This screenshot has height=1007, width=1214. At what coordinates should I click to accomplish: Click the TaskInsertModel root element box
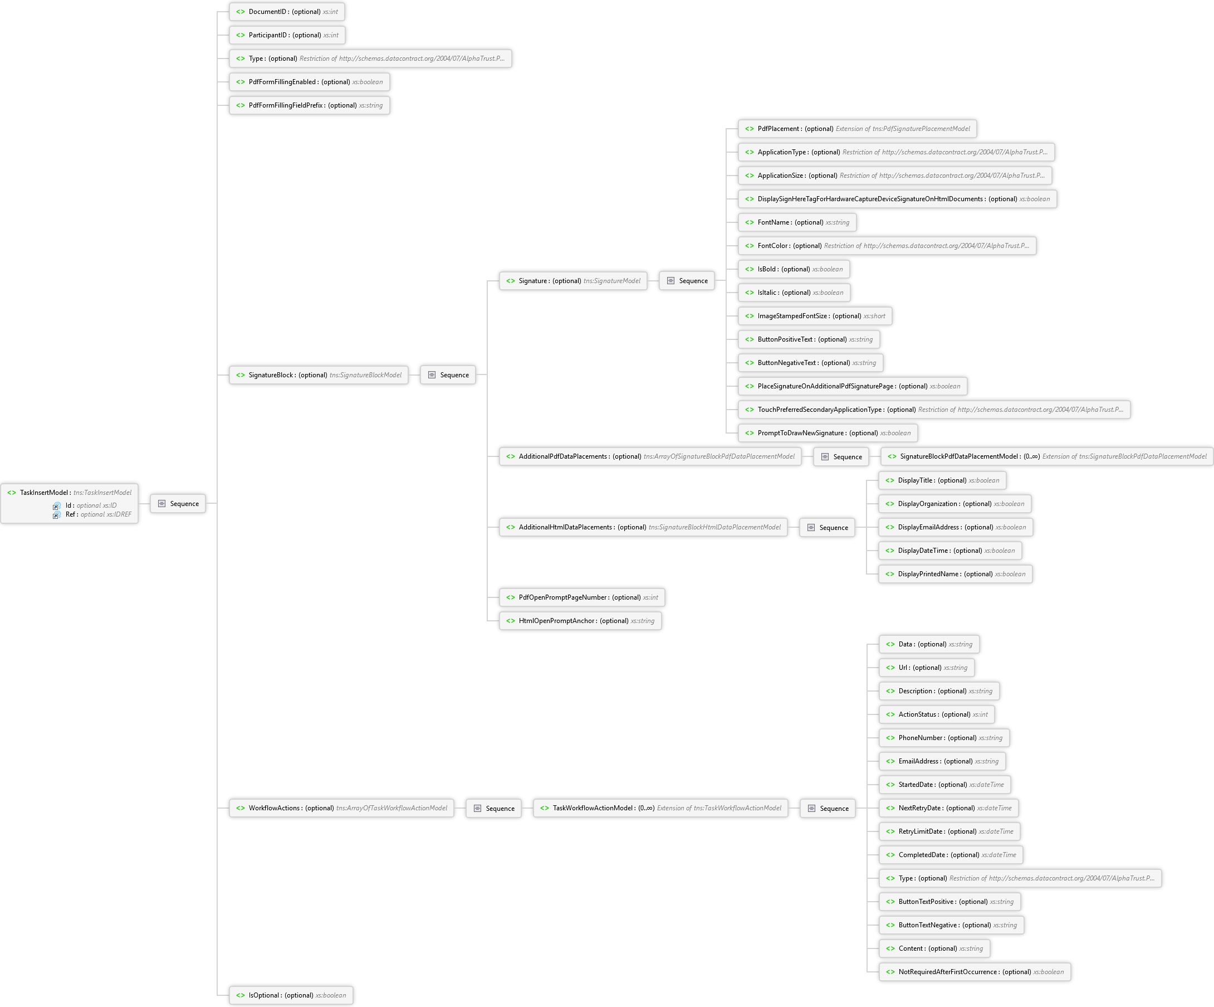(x=70, y=503)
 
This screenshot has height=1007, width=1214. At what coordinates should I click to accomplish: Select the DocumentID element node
(x=287, y=12)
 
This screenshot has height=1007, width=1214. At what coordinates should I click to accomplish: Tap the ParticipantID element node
(x=287, y=35)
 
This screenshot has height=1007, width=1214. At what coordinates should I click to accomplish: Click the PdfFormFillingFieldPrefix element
(x=309, y=105)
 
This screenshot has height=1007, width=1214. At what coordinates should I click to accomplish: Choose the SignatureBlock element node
(x=319, y=375)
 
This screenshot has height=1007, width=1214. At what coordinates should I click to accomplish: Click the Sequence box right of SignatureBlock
(x=448, y=375)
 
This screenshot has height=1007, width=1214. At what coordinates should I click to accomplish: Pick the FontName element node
(x=797, y=222)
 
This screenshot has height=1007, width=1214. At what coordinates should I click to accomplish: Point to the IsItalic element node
(x=794, y=293)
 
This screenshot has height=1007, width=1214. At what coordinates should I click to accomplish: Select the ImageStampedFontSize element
(x=815, y=316)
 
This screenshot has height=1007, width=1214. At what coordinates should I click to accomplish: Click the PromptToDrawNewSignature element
(x=828, y=433)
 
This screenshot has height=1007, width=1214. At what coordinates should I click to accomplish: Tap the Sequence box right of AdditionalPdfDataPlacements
(x=841, y=457)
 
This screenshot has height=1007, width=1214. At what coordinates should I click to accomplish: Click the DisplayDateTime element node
(x=951, y=551)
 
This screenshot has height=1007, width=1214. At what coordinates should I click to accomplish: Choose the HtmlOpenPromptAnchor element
(x=580, y=621)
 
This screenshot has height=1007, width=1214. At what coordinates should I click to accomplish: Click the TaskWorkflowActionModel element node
(x=661, y=808)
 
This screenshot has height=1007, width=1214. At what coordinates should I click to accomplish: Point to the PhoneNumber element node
(x=944, y=738)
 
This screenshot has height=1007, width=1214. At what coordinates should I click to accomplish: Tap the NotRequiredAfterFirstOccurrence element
(x=975, y=972)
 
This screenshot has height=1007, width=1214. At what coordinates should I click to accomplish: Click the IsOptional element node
(x=291, y=995)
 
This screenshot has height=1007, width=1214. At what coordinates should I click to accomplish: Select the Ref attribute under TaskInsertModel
(x=92, y=514)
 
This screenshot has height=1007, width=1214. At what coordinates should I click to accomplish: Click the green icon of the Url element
(x=890, y=668)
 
